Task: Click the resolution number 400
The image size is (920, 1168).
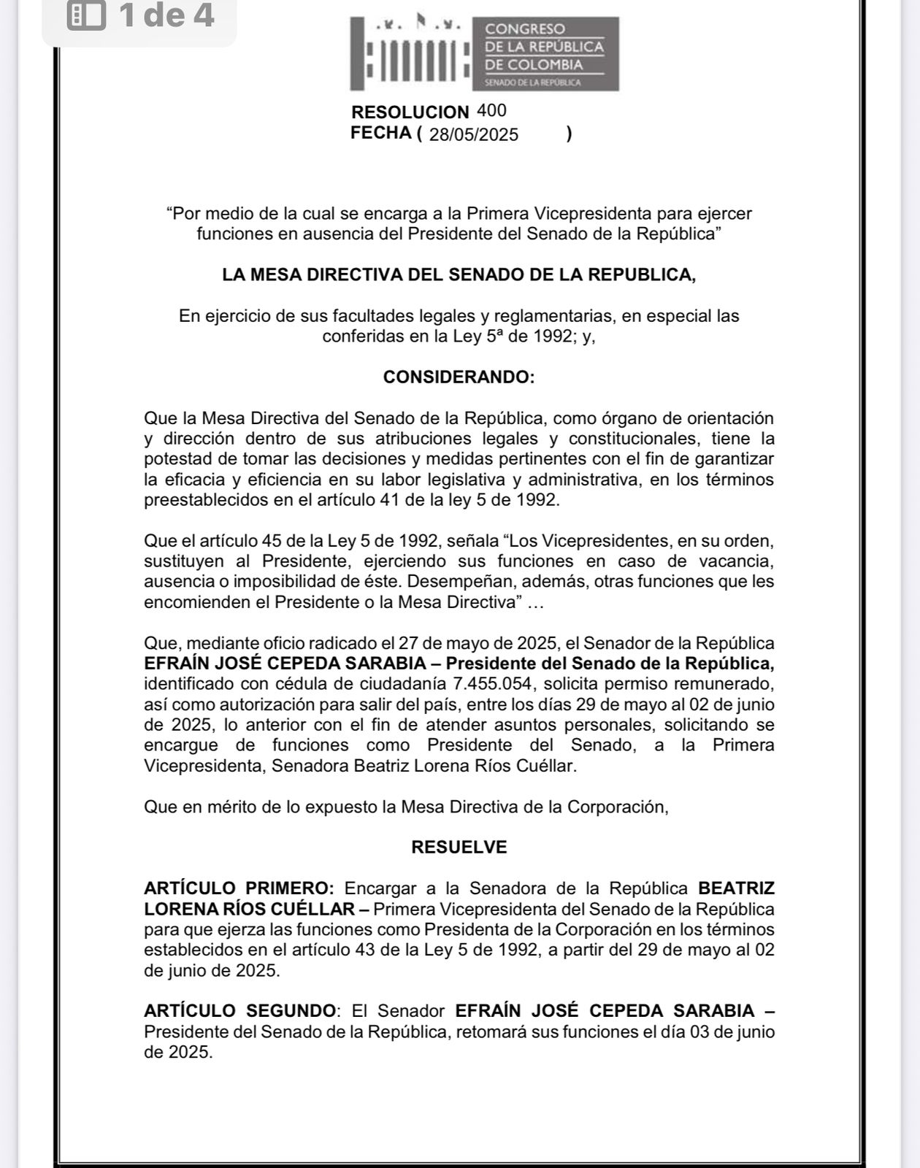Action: [x=491, y=111]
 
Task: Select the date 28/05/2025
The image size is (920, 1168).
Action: [x=474, y=134]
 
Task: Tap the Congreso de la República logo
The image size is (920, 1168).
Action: [x=484, y=53]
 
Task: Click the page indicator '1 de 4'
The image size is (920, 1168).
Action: [x=166, y=15]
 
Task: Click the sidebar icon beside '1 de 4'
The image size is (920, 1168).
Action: [x=86, y=15]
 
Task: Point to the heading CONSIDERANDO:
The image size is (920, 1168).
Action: [x=459, y=377]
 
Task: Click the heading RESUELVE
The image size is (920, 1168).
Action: [x=459, y=847]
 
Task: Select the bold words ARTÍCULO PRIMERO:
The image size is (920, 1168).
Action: [x=239, y=888]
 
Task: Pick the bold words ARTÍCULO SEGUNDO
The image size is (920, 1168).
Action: [x=240, y=1011]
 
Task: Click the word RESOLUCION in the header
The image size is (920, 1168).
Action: [x=410, y=112]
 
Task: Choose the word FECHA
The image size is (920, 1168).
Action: [x=381, y=133]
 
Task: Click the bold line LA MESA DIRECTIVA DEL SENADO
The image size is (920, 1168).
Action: [x=459, y=274]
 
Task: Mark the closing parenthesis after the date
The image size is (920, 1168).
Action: [x=569, y=134]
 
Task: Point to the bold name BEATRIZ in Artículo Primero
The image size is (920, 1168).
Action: [x=736, y=888]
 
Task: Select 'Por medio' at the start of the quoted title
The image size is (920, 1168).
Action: [x=208, y=214]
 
